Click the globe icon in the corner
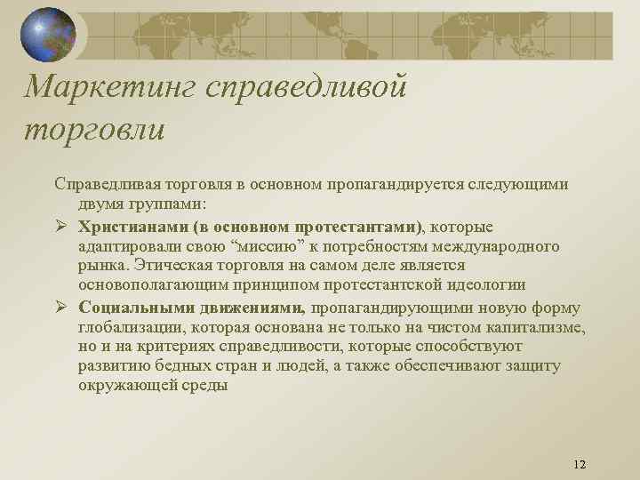(48, 35)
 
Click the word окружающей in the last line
(124, 387)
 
